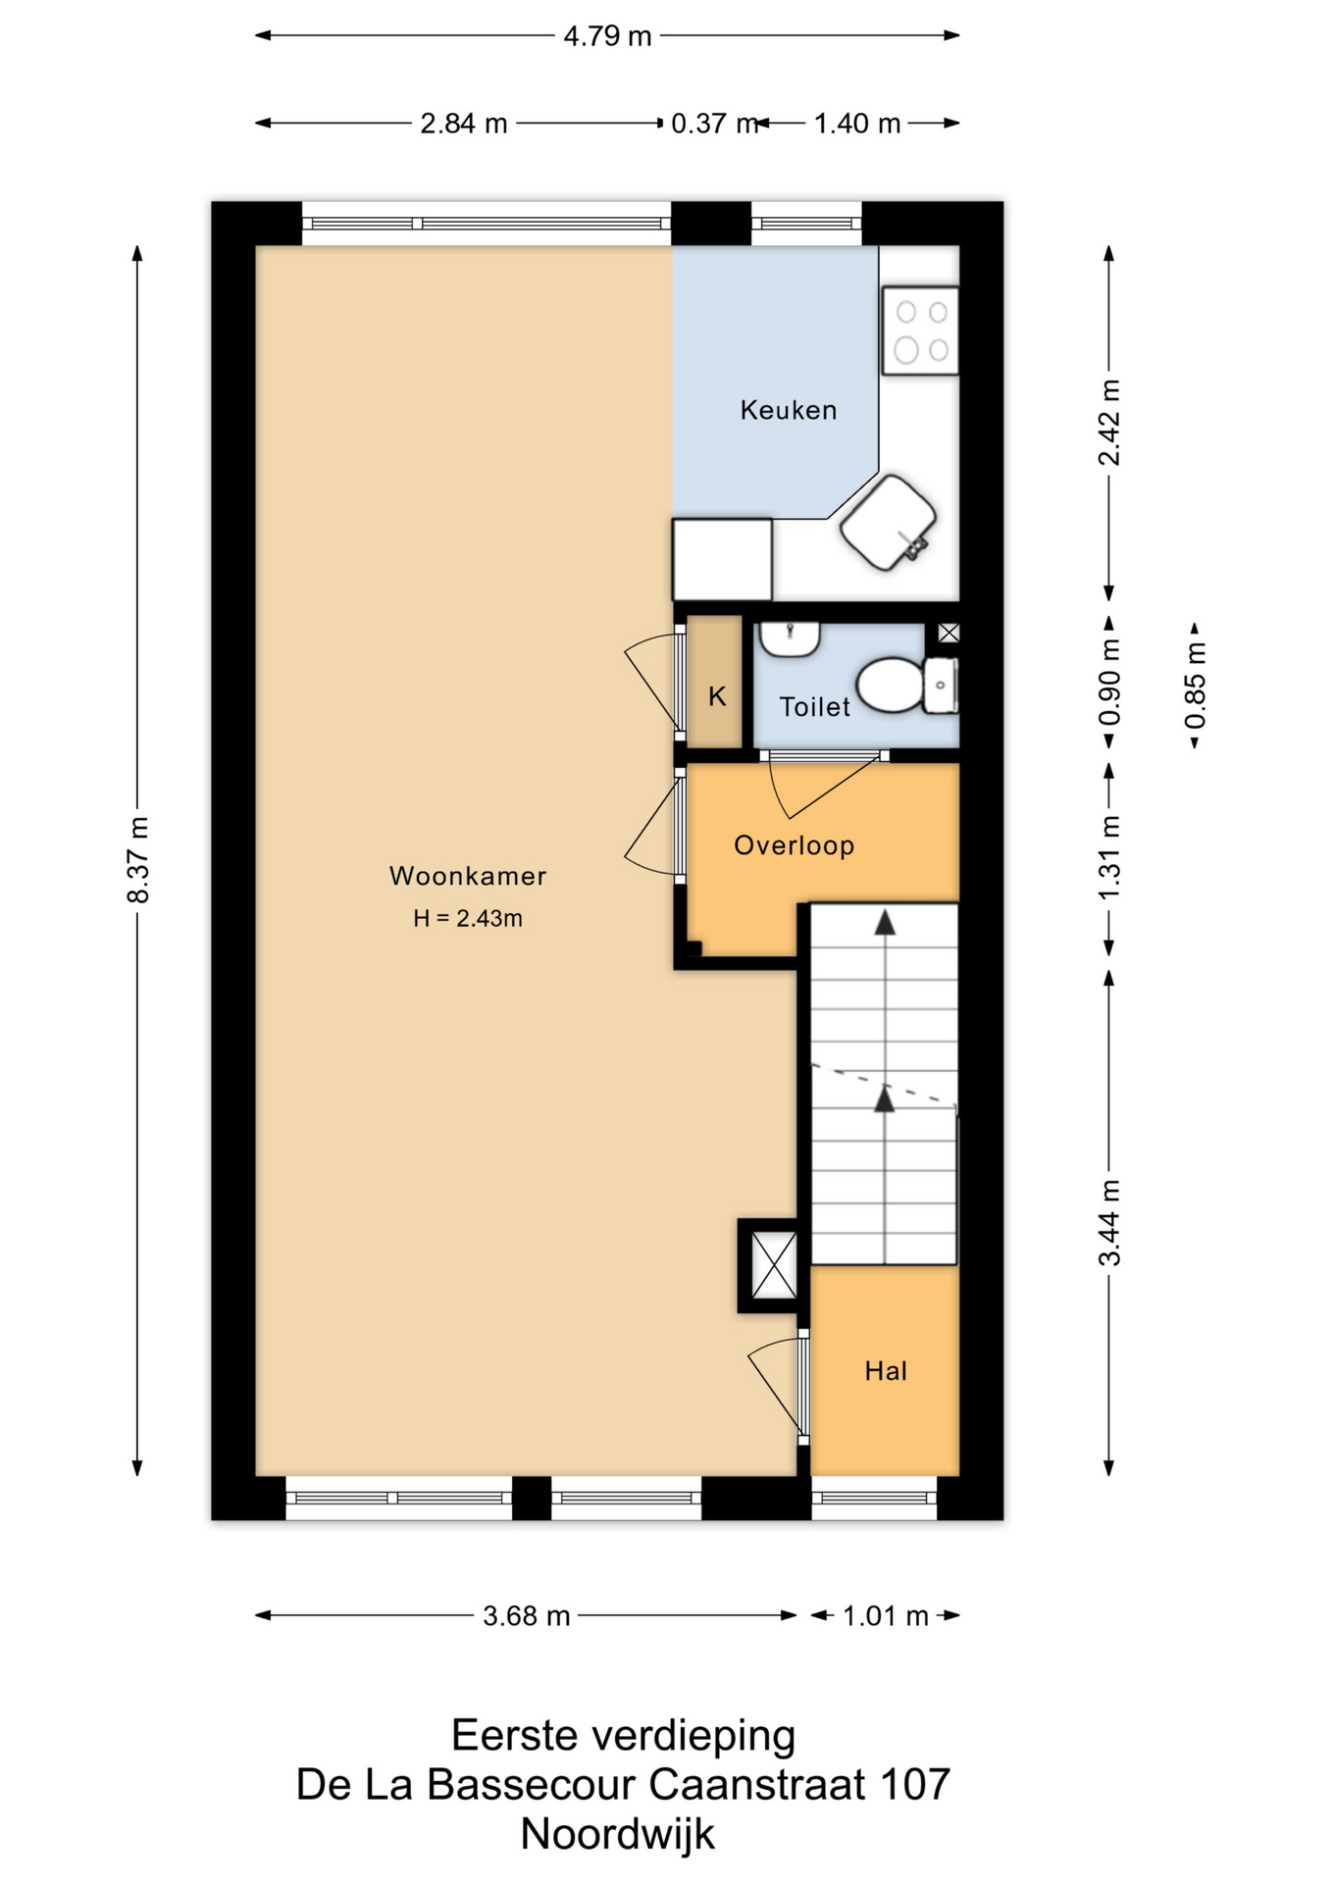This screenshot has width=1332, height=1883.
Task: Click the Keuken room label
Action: [x=789, y=410]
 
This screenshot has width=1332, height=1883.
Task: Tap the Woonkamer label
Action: [x=468, y=876]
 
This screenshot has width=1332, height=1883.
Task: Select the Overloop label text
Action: [x=794, y=845]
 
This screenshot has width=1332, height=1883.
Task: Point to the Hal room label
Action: [x=886, y=1371]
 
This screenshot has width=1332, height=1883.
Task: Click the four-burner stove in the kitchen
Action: [x=920, y=331]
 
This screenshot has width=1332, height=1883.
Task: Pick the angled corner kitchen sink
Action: [x=889, y=522]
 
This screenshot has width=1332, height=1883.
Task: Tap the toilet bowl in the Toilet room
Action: [x=891, y=684]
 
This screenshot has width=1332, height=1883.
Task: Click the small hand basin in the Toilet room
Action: [x=790, y=639]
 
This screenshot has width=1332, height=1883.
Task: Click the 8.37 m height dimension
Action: [x=137, y=860]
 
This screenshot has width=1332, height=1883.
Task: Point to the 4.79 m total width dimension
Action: [x=607, y=36]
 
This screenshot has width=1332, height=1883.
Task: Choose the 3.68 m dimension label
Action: [x=527, y=1615]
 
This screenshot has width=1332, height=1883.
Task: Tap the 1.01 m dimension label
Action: [x=886, y=1615]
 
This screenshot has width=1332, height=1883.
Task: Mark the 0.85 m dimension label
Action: [x=1195, y=686]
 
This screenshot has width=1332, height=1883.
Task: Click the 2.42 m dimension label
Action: [x=1108, y=423]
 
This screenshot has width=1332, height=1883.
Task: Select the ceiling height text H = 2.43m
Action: [x=468, y=919]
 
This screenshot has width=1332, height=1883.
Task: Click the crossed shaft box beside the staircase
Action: [x=773, y=1266]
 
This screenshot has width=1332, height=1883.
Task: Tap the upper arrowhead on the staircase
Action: [x=886, y=922]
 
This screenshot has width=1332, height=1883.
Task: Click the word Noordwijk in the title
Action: [x=618, y=1834]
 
